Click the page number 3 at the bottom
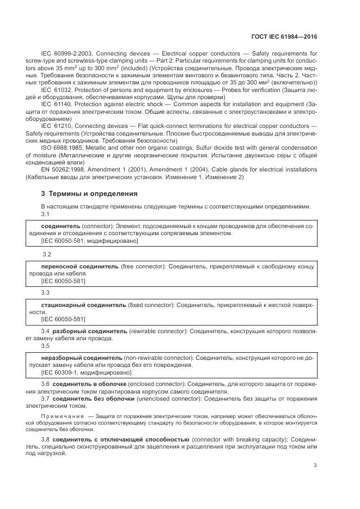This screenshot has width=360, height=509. point(316,465)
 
